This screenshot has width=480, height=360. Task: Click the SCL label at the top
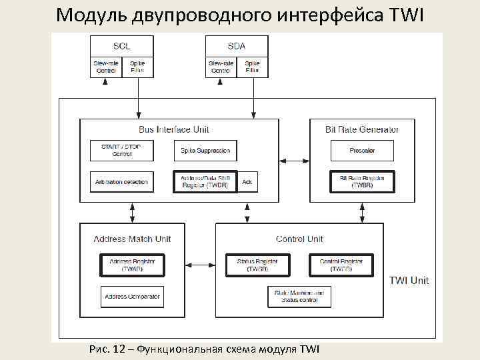click(121, 46)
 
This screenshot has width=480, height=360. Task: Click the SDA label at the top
click(237, 46)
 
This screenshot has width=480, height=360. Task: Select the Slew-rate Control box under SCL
click(106, 67)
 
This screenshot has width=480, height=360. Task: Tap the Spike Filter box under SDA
click(253, 67)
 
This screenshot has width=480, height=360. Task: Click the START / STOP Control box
click(121, 150)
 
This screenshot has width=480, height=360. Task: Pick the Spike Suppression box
click(205, 151)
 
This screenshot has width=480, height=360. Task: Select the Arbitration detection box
click(121, 182)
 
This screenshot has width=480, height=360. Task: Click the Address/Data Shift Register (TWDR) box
click(205, 181)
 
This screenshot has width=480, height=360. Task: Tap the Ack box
click(247, 181)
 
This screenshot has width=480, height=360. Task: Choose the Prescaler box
click(362, 151)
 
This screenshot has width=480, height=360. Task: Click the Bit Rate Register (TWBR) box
click(362, 181)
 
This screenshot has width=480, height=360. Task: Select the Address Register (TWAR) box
click(132, 265)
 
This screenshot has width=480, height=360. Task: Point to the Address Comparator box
click(132, 297)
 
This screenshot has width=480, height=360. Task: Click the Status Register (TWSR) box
click(257, 265)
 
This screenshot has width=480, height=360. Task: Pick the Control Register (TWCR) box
click(341, 265)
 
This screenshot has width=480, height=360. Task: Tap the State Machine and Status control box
click(299, 297)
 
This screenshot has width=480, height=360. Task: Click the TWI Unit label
click(409, 281)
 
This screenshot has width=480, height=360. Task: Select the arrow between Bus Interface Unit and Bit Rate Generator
click(294, 161)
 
